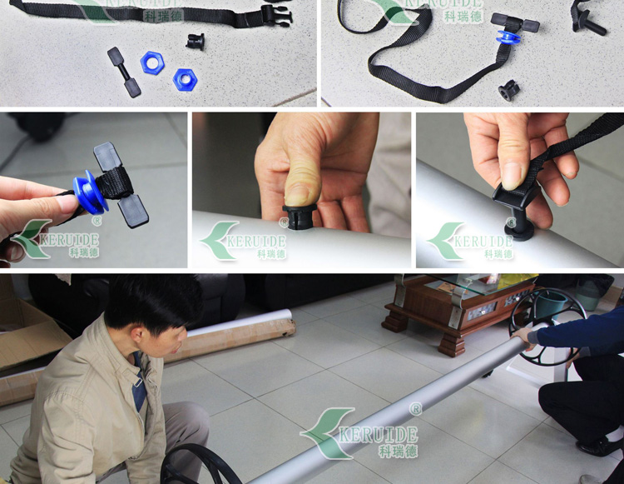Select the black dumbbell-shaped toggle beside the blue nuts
[x=124, y=72]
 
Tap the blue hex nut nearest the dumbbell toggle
[x=151, y=62]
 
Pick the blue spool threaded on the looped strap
[x=508, y=37]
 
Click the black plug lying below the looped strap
[x=509, y=91]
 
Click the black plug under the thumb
[x=299, y=217]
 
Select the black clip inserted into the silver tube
[x=518, y=211]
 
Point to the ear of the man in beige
[x=137, y=337]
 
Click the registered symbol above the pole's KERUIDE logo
[x=415, y=409]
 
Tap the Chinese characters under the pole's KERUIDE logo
[x=398, y=451]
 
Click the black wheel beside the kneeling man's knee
[x=199, y=466]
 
